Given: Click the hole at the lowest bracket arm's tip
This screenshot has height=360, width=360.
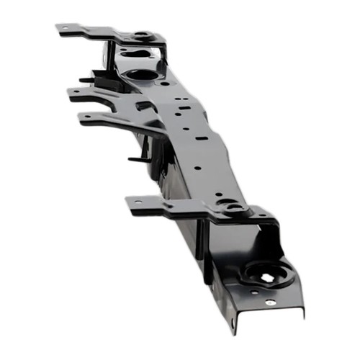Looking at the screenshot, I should click(x=135, y=202).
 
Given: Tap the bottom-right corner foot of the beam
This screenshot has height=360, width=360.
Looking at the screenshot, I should click(x=300, y=312).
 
